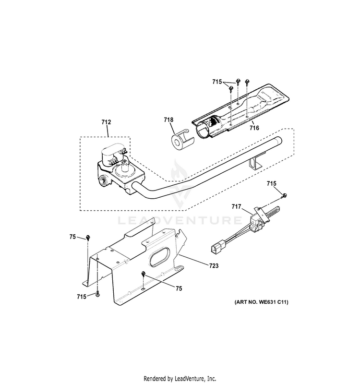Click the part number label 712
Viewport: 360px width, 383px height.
[106, 122]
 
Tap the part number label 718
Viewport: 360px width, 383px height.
[168, 120]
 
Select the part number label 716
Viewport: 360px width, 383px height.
[254, 128]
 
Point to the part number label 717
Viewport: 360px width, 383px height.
[236, 207]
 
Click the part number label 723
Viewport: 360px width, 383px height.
[214, 265]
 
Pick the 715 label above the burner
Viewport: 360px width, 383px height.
[217, 82]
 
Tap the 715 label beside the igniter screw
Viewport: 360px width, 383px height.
[271, 183]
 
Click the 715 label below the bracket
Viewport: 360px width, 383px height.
[82, 297]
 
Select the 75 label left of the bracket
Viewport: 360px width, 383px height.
[72, 237]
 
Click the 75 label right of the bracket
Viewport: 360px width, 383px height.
[179, 288]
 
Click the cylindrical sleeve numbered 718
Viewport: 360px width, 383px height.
[181, 140]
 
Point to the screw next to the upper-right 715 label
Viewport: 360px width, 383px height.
[284, 195]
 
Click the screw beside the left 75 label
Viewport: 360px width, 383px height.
[88, 238]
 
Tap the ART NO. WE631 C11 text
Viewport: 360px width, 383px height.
[261, 302]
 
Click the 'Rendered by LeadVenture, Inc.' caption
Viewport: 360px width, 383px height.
[180, 379]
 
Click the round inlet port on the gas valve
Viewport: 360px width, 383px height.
[104, 181]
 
